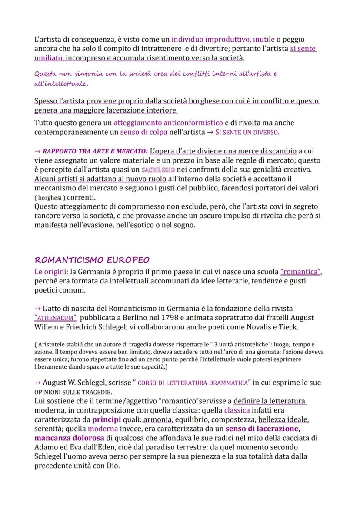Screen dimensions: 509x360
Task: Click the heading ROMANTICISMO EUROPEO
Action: click(92, 260)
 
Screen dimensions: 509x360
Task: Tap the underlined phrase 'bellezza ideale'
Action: click(283, 419)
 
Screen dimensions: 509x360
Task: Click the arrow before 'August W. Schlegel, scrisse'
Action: click(37, 383)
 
